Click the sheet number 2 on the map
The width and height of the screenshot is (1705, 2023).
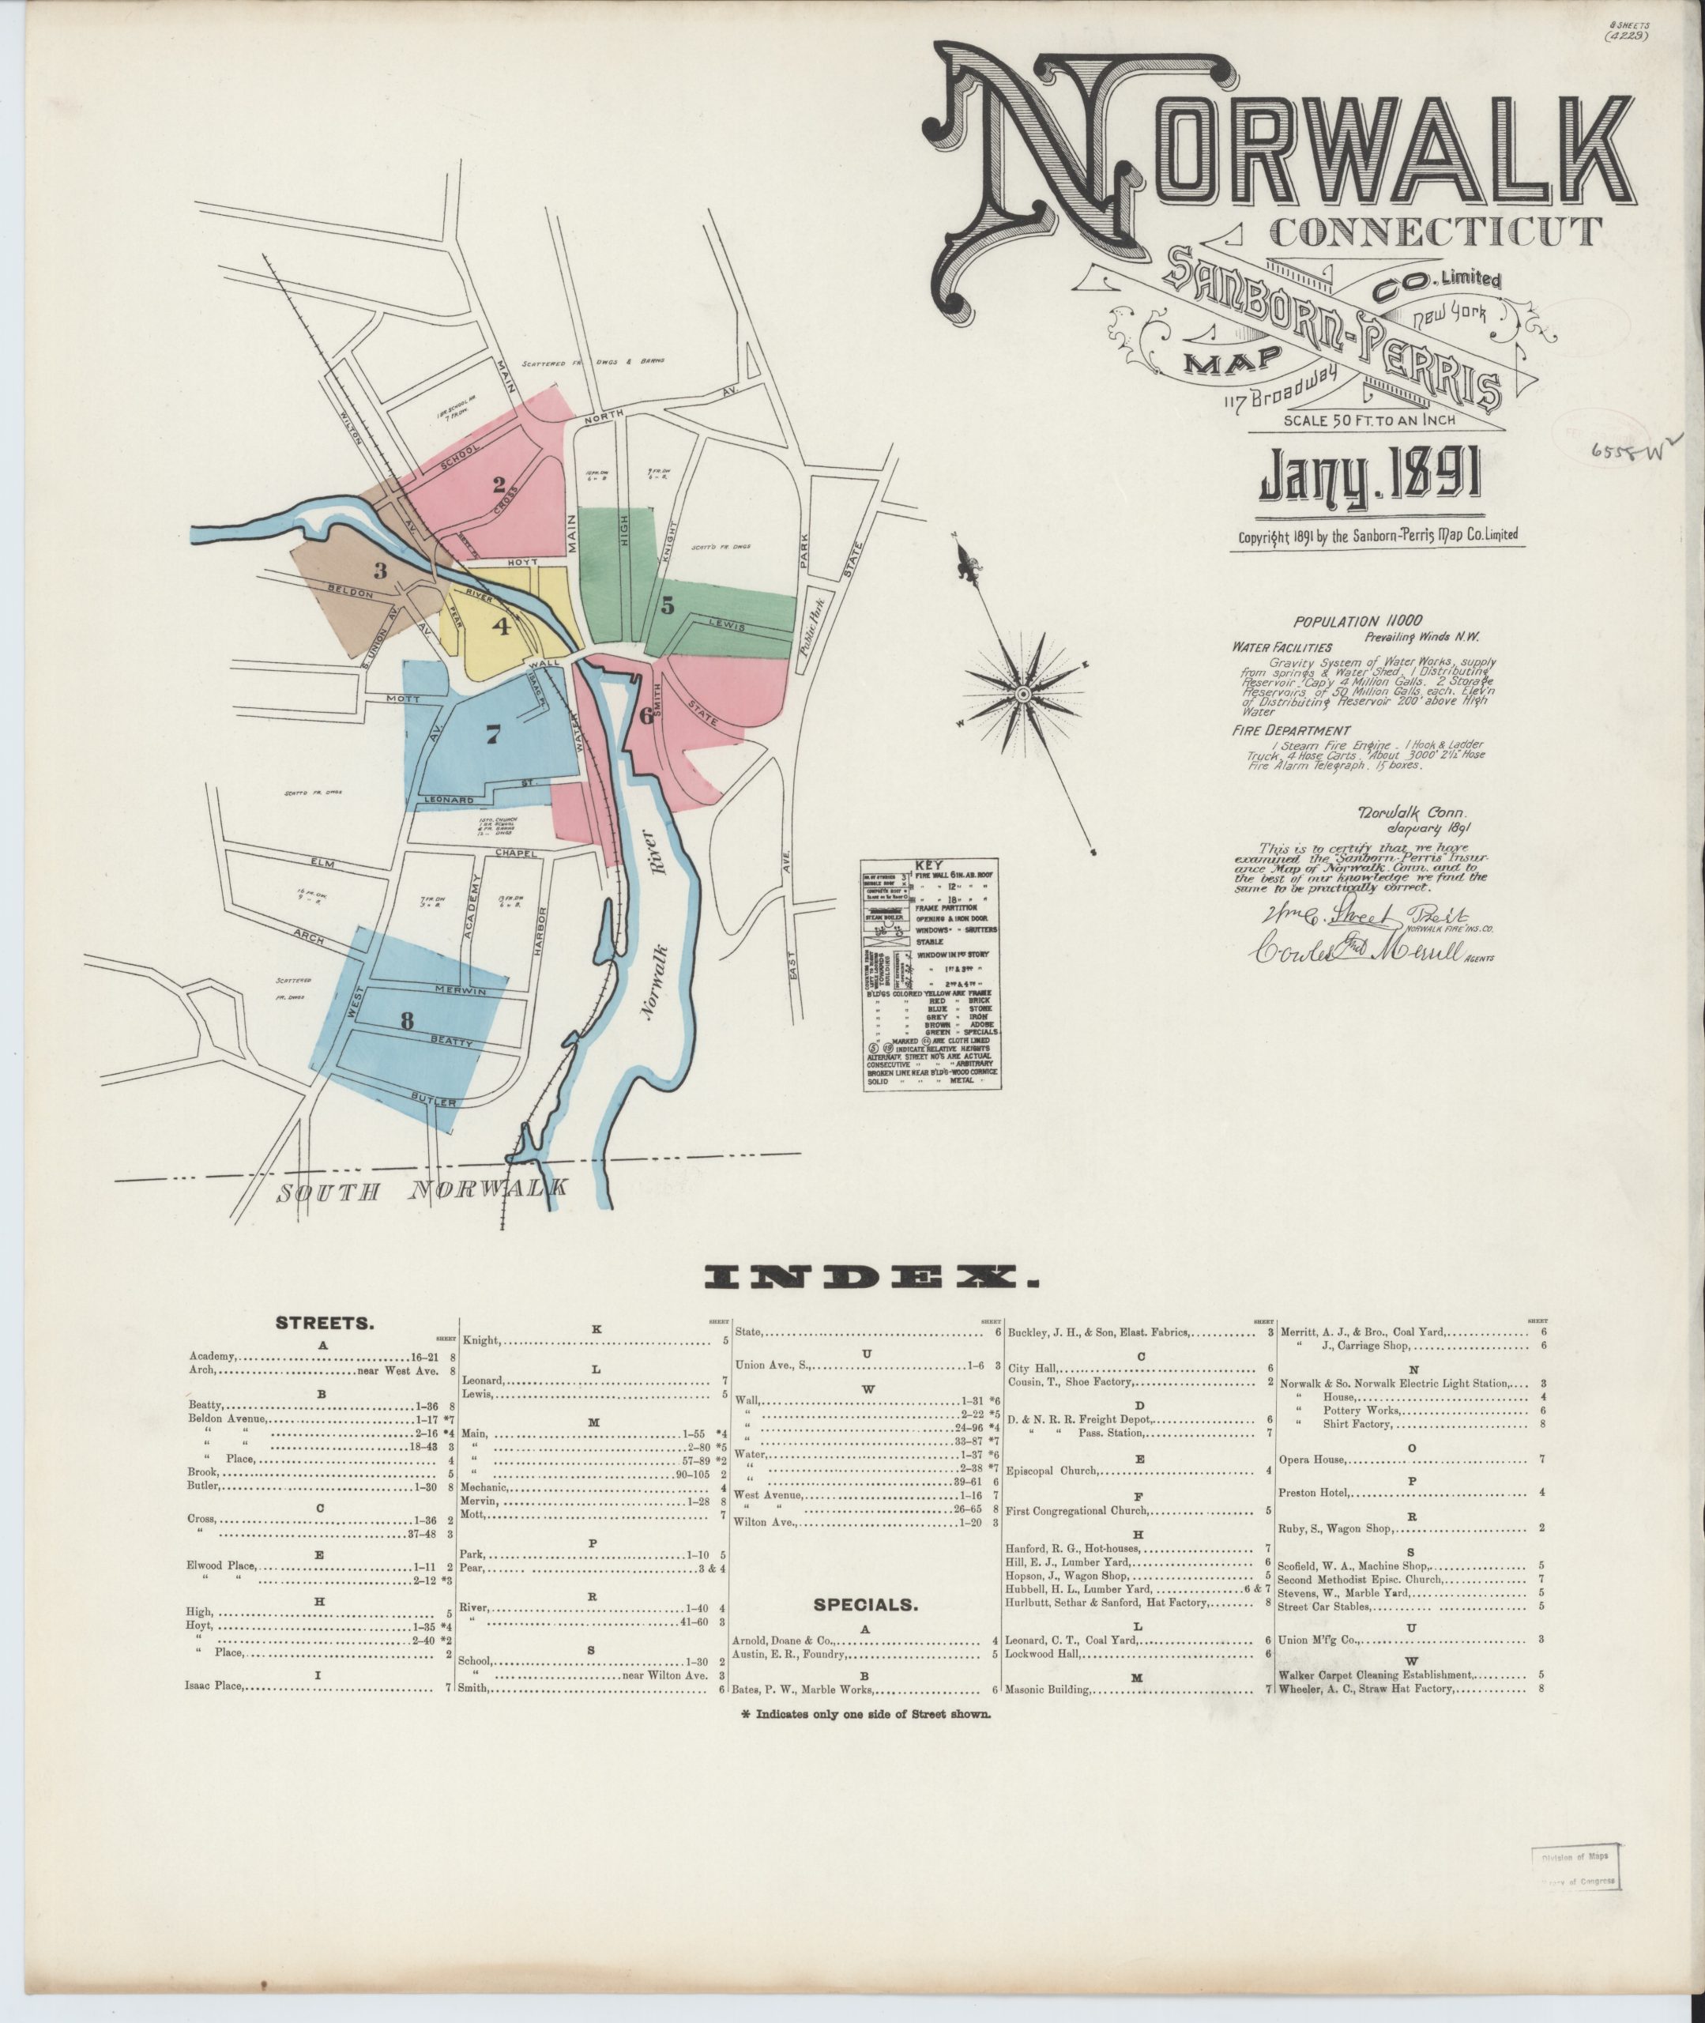[x=499, y=485]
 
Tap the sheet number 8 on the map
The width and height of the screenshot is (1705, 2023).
[x=407, y=1019]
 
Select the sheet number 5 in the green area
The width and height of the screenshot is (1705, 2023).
[x=666, y=606]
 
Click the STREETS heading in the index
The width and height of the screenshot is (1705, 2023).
[x=325, y=1322]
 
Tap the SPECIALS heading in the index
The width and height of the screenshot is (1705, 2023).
[x=864, y=1604]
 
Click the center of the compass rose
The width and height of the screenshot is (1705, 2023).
[x=1022, y=695]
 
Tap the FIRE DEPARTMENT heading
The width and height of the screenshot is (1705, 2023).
[x=1290, y=731]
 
